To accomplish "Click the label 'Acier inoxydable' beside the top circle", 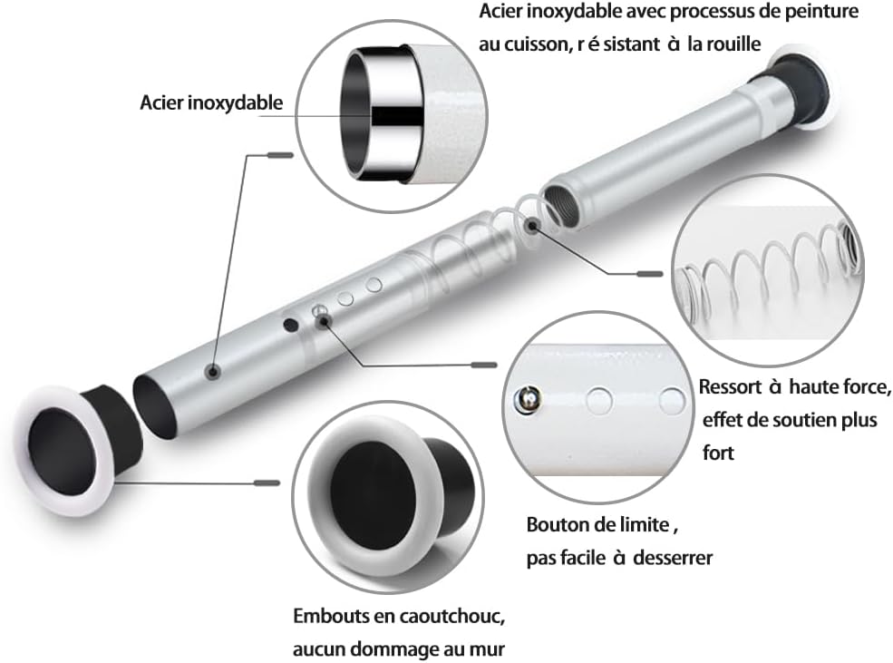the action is coord(211,102).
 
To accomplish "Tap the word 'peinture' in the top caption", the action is coord(821,12).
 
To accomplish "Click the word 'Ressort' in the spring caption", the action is coord(730,386).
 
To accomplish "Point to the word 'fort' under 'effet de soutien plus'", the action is coord(718,453).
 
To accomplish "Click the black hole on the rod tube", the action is coord(291,326).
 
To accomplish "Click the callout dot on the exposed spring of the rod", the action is coord(532,226).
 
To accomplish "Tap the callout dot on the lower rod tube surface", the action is coord(214,372).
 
